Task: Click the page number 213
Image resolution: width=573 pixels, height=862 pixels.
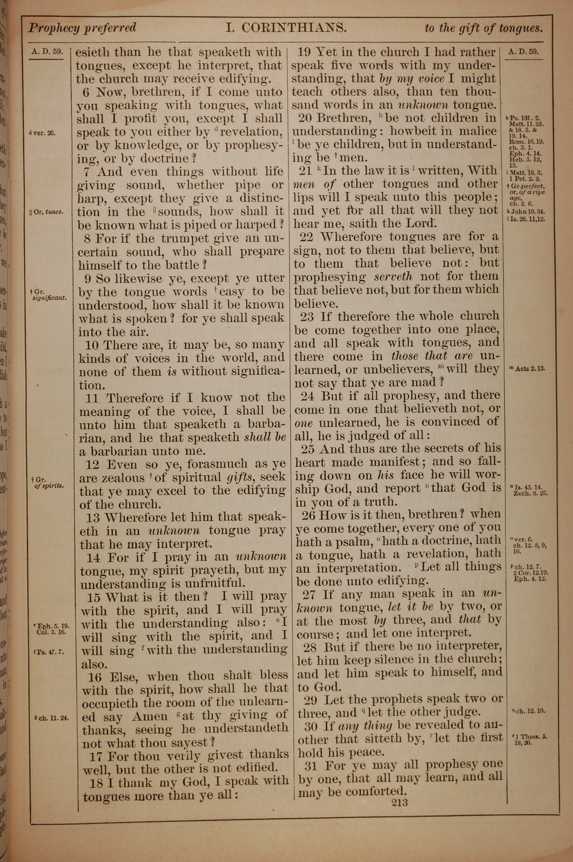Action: coord(399,802)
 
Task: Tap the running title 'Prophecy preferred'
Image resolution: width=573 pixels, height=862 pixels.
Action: coord(82,28)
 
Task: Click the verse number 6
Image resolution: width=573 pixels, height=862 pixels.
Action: coord(86,92)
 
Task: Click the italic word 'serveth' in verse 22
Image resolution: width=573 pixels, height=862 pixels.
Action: coord(394,277)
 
